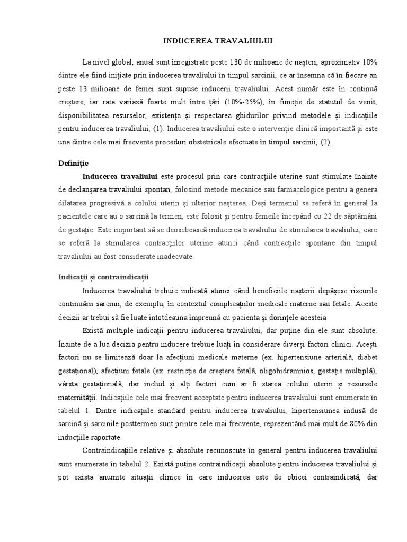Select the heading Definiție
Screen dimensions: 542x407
73,164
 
